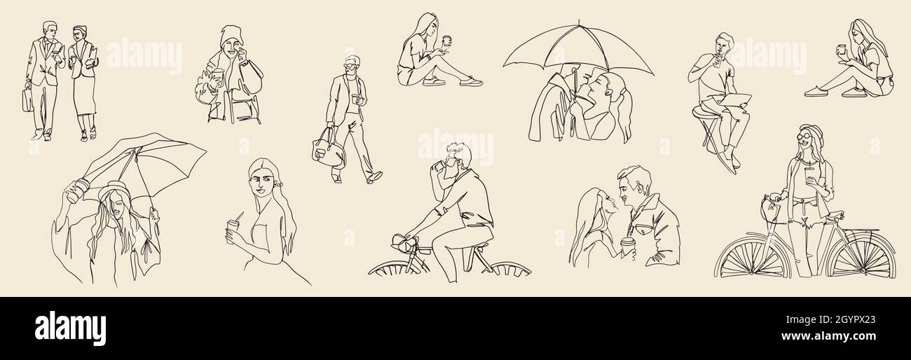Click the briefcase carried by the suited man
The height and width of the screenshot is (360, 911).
tap(27, 100)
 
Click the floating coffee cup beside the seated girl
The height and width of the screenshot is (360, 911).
tap(446, 41)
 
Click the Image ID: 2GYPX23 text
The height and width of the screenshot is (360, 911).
tap(830, 319)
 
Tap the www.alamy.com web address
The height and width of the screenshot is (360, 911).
tap(828, 336)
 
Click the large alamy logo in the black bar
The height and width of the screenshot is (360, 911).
tap(70, 328)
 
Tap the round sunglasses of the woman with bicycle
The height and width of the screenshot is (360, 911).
tap(804, 136)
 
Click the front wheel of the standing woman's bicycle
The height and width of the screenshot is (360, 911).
tap(751, 258)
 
